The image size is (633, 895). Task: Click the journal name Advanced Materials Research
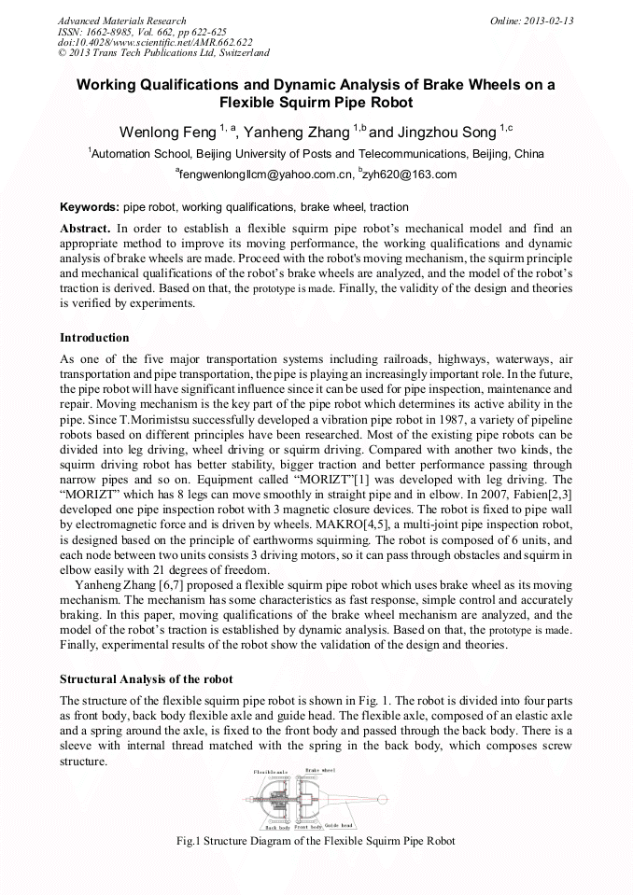[x=121, y=21]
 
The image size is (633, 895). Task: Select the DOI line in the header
[x=155, y=42]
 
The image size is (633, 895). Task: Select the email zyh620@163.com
[x=415, y=175]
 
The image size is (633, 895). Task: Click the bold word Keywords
[x=89, y=207]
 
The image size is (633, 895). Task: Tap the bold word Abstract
[x=86, y=228]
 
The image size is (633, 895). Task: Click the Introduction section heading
[x=94, y=338]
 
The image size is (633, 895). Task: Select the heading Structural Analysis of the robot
[x=146, y=678]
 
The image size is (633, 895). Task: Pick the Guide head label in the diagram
[x=339, y=826]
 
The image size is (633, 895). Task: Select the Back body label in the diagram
[x=277, y=827]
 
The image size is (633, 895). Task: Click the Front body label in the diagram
[x=308, y=827]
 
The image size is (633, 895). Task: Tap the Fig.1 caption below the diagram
[x=316, y=841]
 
